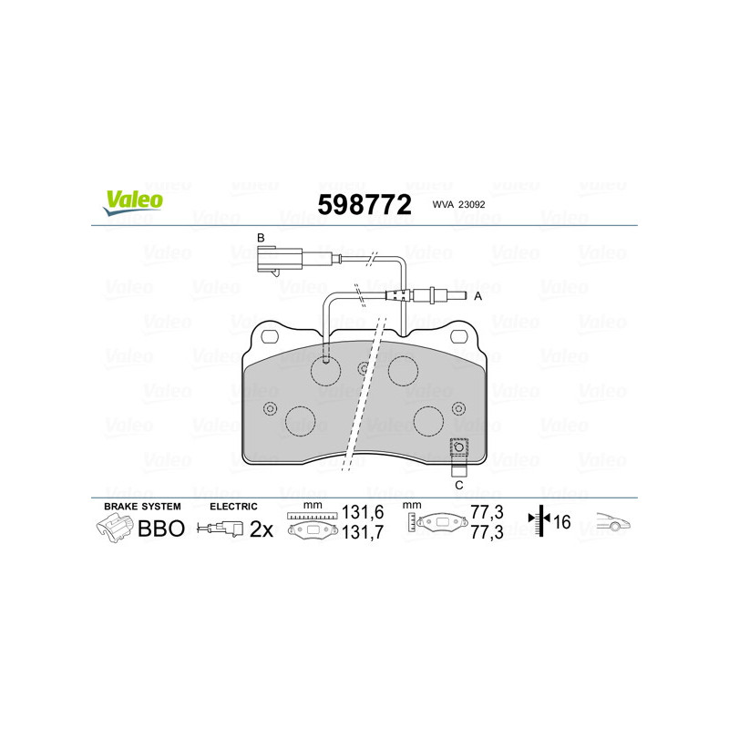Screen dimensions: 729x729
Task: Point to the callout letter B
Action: tap(261, 239)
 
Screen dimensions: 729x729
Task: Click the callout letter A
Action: tap(477, 295)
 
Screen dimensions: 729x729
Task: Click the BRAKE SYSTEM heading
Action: tap(142, 506)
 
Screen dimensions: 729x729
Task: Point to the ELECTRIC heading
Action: tap(234, 506)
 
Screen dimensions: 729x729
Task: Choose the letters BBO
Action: tap(160, 529)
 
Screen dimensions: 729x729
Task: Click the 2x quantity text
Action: tap(262, 529)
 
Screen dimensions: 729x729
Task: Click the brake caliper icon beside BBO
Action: tap(114, 527)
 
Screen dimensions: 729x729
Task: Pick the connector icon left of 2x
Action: tap(222, 529)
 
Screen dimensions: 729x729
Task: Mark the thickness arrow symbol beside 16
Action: tap(539, 521)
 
